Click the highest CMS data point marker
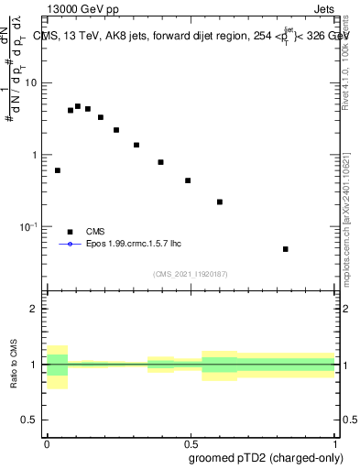point(78,106)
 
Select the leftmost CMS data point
point(58,170)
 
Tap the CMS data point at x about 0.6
point(220,202)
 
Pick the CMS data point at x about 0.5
point(188,180)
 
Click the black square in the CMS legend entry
point(70,232)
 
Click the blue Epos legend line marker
point(70,245)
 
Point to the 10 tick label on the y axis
point(31,83)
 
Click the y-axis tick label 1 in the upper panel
point(36,155)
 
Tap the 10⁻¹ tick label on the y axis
point(29,226)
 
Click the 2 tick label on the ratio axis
point(36,309)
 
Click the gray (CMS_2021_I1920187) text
point(190,273)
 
